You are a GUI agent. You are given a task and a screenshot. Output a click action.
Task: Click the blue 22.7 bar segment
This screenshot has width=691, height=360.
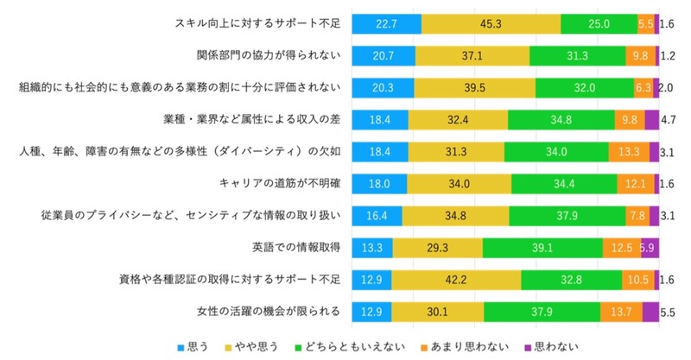pos(386,24)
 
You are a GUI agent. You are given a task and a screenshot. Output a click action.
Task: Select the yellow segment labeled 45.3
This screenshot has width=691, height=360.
pos(491,24)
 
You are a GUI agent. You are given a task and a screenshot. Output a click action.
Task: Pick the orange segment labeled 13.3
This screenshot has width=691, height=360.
pos(629,152)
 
